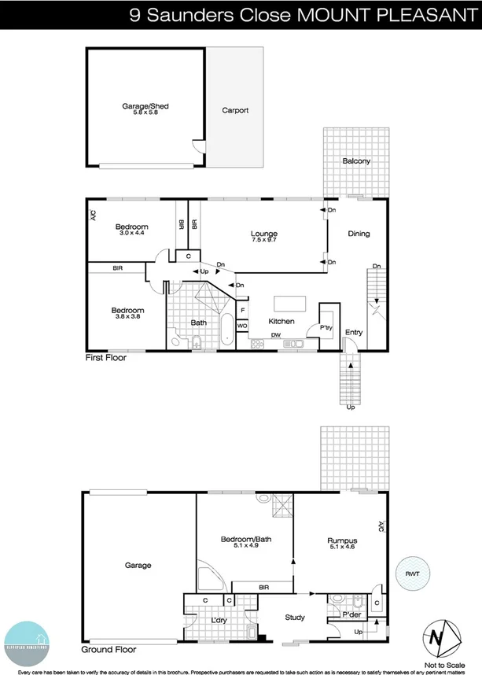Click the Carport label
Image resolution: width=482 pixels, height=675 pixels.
235,110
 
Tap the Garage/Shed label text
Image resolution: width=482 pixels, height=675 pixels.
145,105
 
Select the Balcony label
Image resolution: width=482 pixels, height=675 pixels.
356,161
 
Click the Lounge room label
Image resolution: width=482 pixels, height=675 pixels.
264,234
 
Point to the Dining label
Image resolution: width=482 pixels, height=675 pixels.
359,234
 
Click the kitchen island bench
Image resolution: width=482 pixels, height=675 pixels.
288,304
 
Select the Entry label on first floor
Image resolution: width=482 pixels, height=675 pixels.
354,333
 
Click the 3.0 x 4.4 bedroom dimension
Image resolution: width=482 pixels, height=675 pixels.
133,233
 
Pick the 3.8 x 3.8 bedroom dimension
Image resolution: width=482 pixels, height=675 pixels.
127,317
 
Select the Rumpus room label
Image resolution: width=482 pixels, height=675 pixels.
343,540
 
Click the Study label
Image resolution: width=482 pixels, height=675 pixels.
295,618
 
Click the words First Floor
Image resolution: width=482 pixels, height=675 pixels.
106,357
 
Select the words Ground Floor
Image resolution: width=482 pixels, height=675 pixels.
109,651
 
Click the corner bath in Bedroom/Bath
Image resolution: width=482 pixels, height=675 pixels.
212,577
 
